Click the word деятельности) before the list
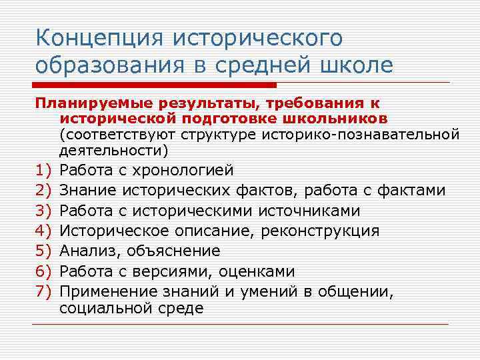(x=114, y=150)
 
